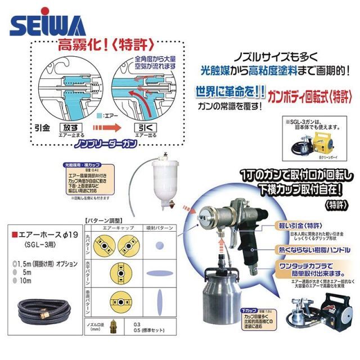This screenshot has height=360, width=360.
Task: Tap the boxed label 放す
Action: point(75,128)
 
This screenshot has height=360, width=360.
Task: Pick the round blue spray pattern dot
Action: point(160,245)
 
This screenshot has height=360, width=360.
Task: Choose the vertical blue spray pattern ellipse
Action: point(160,304)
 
